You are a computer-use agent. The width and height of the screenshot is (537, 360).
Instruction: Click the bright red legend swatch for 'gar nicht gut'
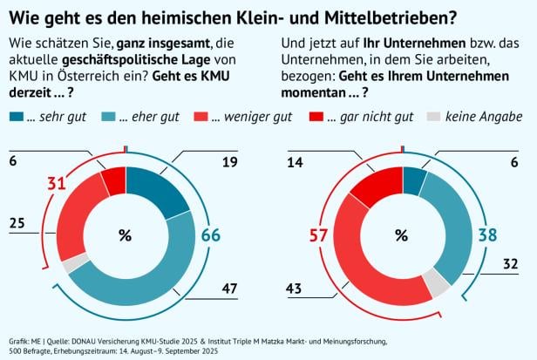pos(317,116)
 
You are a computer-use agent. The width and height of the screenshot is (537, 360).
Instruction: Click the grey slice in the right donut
pos(436,281)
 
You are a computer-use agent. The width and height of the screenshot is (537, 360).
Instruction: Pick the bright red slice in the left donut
pos(113,180)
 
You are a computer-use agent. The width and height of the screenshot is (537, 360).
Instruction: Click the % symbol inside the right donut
pos(401,234)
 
